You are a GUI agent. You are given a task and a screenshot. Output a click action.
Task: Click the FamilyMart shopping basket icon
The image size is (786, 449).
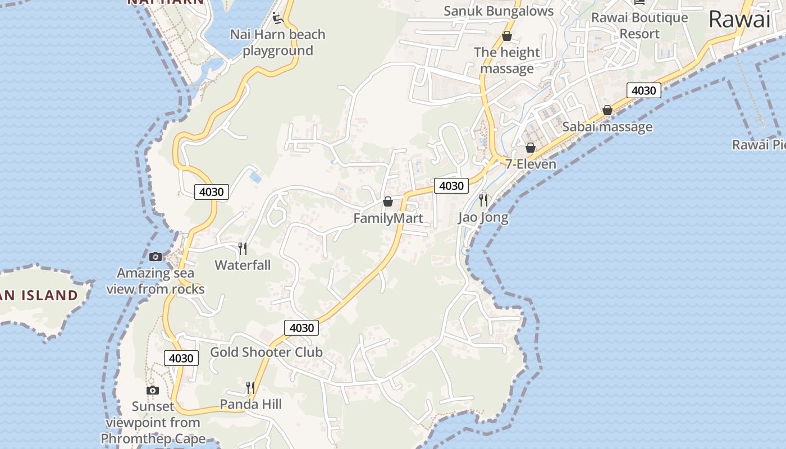[387, 201]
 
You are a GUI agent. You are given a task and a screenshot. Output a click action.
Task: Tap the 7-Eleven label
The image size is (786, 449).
[531, 164]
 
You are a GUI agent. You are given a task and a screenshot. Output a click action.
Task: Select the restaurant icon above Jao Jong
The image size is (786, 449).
[483, 200]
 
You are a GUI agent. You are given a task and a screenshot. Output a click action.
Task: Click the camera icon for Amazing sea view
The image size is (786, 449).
[156, 256]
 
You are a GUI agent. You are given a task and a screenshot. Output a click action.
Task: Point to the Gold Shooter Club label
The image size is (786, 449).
[266, 352]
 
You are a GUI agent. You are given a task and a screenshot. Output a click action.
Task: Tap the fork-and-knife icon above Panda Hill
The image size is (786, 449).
[250, 387]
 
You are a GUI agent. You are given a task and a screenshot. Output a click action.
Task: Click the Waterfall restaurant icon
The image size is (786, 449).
[243, 248]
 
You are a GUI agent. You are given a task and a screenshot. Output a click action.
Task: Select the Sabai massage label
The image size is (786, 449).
[607, 127]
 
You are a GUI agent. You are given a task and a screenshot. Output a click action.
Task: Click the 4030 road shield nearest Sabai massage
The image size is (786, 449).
[643, 90]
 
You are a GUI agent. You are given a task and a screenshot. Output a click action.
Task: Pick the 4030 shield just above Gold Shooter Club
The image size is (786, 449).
[301, 327]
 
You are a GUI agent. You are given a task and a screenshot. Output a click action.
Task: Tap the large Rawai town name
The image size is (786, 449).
[739, 20]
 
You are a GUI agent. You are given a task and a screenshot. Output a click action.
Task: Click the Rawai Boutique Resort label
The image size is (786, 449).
[639, 25]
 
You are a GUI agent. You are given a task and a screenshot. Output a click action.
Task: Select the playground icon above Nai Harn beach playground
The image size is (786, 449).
[277, 18]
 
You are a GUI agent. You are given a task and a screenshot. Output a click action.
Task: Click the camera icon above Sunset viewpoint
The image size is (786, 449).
[152, 390]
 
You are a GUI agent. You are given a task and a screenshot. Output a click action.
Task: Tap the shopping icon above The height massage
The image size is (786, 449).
[507, 36]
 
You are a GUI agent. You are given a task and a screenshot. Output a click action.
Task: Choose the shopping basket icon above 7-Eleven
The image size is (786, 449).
[531, 148]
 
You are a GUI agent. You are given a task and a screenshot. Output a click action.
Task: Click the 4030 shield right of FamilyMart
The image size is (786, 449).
[451, 185]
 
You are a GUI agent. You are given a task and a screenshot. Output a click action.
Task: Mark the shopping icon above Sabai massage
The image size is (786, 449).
[607, 111]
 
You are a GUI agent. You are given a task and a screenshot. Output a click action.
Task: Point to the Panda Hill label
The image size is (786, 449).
[250, 404]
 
